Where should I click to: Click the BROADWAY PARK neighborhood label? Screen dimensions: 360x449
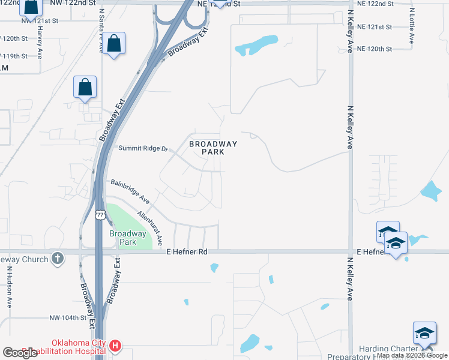pos(213,148)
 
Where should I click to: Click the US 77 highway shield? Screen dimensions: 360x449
pos(100,214)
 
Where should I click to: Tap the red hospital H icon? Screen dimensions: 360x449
pos(115,346)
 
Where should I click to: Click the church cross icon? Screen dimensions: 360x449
pos(58,259)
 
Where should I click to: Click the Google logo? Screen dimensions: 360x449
pos(20,353)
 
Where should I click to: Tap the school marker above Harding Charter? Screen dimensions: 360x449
pos(424,334)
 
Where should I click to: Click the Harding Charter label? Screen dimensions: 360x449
pos(387,349)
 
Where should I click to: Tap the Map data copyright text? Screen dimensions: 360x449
pos(412,355)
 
